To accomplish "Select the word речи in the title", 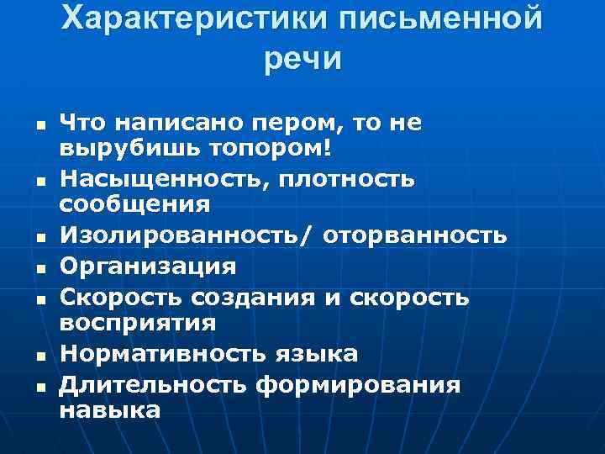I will tap(302, 60).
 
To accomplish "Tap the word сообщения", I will tap(134, 203).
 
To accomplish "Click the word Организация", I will tap(148, 267).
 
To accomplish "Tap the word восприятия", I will tap(138, 323).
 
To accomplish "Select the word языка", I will tap(321, 354).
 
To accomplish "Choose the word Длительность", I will tap(153, 385).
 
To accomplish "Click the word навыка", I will tap(109, 410).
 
